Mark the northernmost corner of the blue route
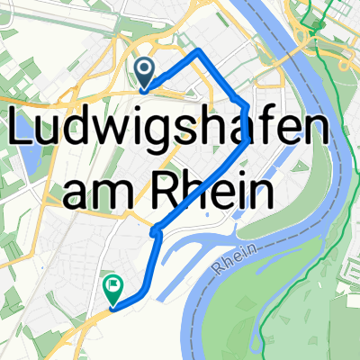coord(197,53)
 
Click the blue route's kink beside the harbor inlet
coord(156,232)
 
